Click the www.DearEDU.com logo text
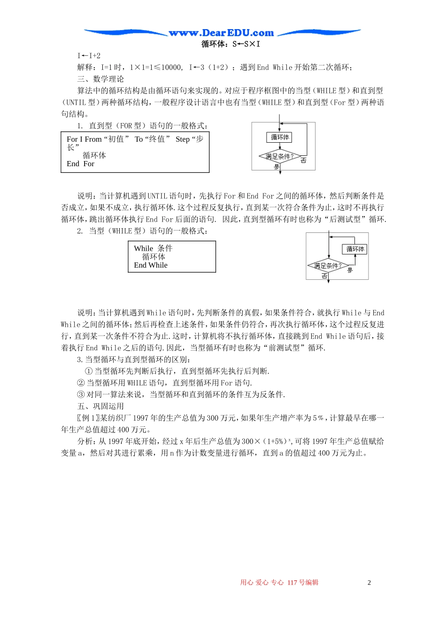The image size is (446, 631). point(221,33)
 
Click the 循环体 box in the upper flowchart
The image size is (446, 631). point(280,137)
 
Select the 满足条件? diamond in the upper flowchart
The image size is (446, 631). point(280,156)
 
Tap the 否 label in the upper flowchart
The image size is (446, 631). point(303,161)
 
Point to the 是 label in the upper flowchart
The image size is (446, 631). point(276,167)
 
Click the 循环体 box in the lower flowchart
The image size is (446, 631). point(355,249)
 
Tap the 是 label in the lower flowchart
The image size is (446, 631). point(350,270)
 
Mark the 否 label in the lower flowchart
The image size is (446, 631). point(324,276)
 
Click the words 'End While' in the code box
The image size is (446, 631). point(151,265)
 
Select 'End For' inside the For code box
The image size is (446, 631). point(80,164)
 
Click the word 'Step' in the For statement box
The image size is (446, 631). point(183,139)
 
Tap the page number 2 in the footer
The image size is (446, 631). point(369,583)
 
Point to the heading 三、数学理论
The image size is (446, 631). point(101,79)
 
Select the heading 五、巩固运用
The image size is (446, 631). point(101,406)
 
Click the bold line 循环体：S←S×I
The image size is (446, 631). point(231,44)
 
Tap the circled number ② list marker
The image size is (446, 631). point(81,383)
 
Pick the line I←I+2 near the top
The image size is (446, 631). point(89,55)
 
